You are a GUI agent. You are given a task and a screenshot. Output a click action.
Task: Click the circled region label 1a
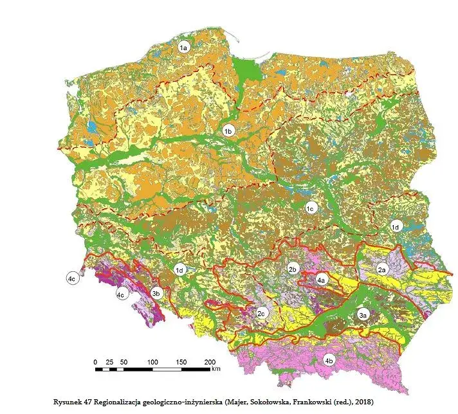click(x=183, y=48)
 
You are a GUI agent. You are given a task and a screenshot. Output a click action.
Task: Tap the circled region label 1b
click(x=228, y=131)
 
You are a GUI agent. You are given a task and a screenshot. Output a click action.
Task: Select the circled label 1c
click(x=309, y=208)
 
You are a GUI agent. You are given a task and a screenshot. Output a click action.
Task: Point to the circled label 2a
click(x=381, y=269)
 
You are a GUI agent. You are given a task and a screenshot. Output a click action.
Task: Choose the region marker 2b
click(x=293, y=269)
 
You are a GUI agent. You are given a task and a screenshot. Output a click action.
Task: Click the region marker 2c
click(x=261, y=314)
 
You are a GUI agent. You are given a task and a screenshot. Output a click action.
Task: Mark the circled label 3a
click(x=363, y=315)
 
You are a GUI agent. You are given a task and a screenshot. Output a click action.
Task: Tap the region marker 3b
click(x=155, y=294)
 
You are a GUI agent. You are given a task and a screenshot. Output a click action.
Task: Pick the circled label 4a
click(x=322, y=280)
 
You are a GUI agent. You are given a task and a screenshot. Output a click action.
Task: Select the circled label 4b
click(x=329, y=361)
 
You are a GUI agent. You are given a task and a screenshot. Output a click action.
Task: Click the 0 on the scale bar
click(x=95, y=362)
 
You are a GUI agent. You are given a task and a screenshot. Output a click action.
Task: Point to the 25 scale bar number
click(x=109, y=362)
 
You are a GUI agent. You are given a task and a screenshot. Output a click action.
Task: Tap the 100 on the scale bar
click(x=152, y=362)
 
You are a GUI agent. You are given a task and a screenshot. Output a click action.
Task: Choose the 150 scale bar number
click(x=181, y=362)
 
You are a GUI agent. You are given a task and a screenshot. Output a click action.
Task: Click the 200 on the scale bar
click(x=210, y=362)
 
